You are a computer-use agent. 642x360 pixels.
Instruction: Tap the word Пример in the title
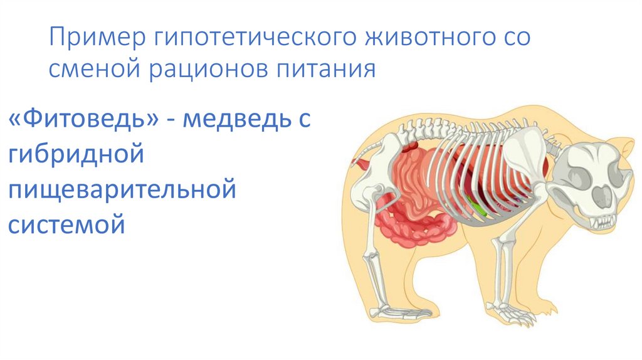[93, 38]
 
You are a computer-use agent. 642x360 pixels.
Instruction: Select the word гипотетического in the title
[250, 38]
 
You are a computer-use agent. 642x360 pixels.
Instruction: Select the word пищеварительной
[122, 189]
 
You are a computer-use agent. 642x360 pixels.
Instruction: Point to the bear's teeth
[602, 221]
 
